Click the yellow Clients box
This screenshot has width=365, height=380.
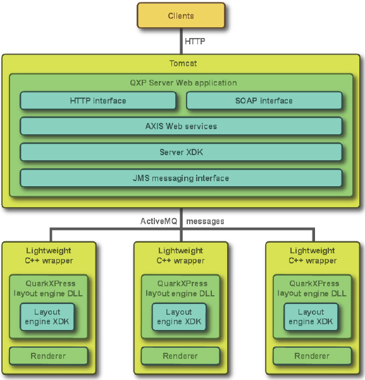click(x=181, y=15)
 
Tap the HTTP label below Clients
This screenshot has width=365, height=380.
click(x=195, y=41)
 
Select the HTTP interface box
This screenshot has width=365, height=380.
click(x=98, y=101)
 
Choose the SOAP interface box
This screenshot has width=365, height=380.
click(x=264, y=101)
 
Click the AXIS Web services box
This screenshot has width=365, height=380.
click(x=181, y=126)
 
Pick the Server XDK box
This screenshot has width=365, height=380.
click(x=181, y=152)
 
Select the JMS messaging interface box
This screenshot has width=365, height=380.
click(x=181, y=178)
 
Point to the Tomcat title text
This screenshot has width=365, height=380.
click(x=183, y=63)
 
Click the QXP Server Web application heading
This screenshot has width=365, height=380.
click(x=183, y=83)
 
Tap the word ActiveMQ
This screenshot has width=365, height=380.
click(x=159, y=221)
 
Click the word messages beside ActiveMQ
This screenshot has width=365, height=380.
click(x=205, y=222)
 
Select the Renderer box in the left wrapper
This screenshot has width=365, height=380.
click(x=49, y=356)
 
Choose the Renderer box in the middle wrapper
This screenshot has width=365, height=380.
click(x=180, y=356)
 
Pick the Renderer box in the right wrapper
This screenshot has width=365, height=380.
click(x=312, y=356)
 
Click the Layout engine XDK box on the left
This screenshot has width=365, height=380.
click(x=47, y=317)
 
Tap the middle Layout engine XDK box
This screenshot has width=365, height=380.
click(x=179, y=317)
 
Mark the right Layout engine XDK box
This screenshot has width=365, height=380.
click(x=311, y=317)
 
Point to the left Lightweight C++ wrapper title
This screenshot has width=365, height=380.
click(x=49, y=256)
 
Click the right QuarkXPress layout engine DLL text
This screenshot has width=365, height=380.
click(x=312, y=288)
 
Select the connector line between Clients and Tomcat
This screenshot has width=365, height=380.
click(x=181, y=41)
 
